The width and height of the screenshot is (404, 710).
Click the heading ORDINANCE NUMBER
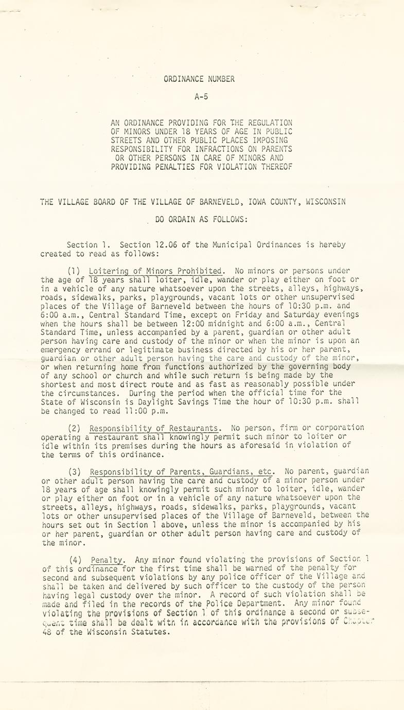click(x=199, y=79)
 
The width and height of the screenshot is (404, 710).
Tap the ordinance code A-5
click(x=201, y=96)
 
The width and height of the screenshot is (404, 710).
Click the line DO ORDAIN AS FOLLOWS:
click(x=201, y=219)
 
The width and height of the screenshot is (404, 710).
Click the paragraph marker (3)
click(x=77, y=472)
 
